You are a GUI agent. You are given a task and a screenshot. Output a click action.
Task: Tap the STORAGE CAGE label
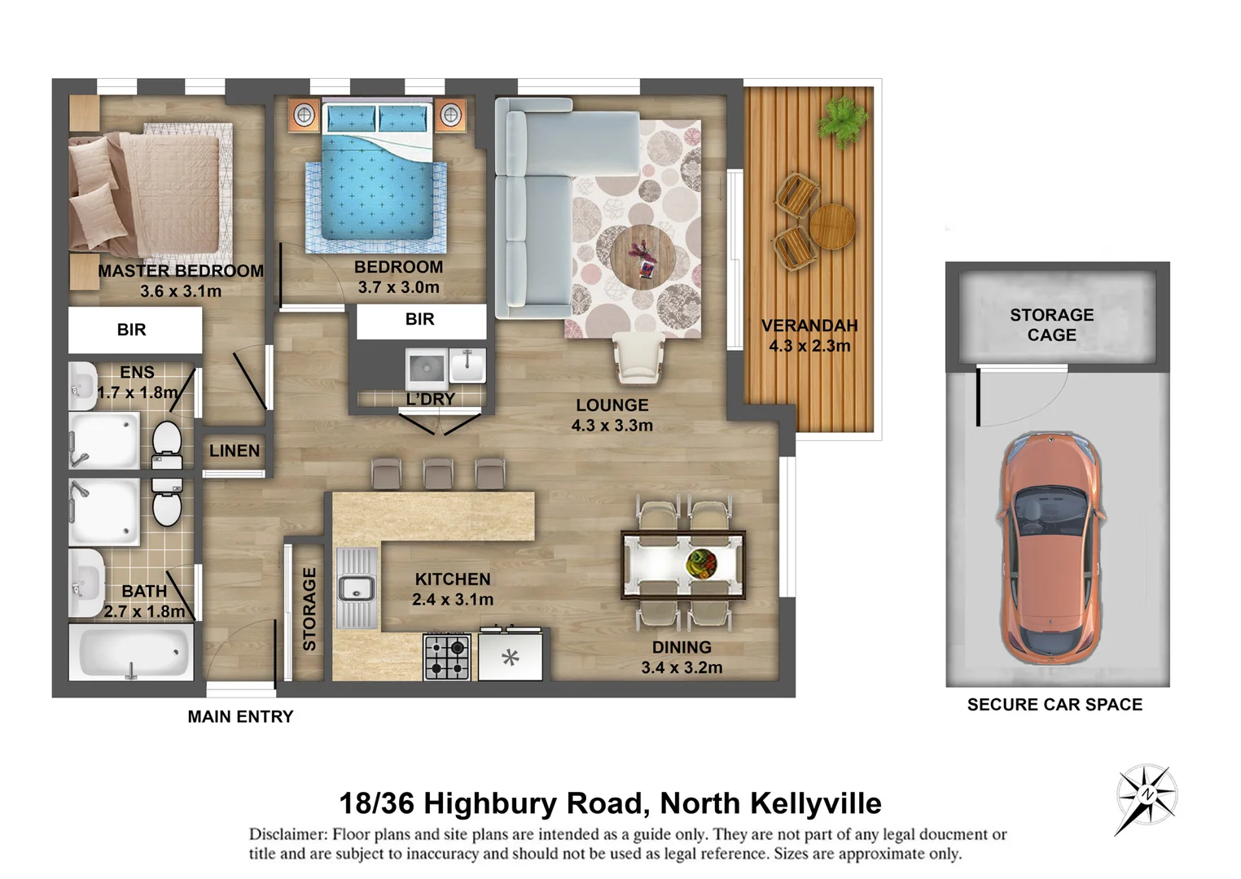1051,325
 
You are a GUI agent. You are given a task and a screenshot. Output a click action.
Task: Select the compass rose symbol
1146,797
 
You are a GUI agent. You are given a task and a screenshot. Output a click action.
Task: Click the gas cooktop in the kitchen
447,657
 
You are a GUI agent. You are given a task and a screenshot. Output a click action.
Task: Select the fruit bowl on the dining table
700,562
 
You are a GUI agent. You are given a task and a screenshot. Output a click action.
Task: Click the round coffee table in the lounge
642,256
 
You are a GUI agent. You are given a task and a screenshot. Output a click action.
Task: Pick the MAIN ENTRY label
240,716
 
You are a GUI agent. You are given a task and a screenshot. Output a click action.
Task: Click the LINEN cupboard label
235,450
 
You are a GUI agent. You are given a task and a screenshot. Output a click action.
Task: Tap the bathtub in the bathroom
131,652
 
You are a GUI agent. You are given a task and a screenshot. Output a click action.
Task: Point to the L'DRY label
431,399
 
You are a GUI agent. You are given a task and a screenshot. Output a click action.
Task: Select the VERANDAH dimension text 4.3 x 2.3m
809,346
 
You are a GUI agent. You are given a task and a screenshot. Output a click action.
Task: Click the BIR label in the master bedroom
132,330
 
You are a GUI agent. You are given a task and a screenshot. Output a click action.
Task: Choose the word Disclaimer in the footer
288,834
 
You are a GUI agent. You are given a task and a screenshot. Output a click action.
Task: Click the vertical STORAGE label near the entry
309,609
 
